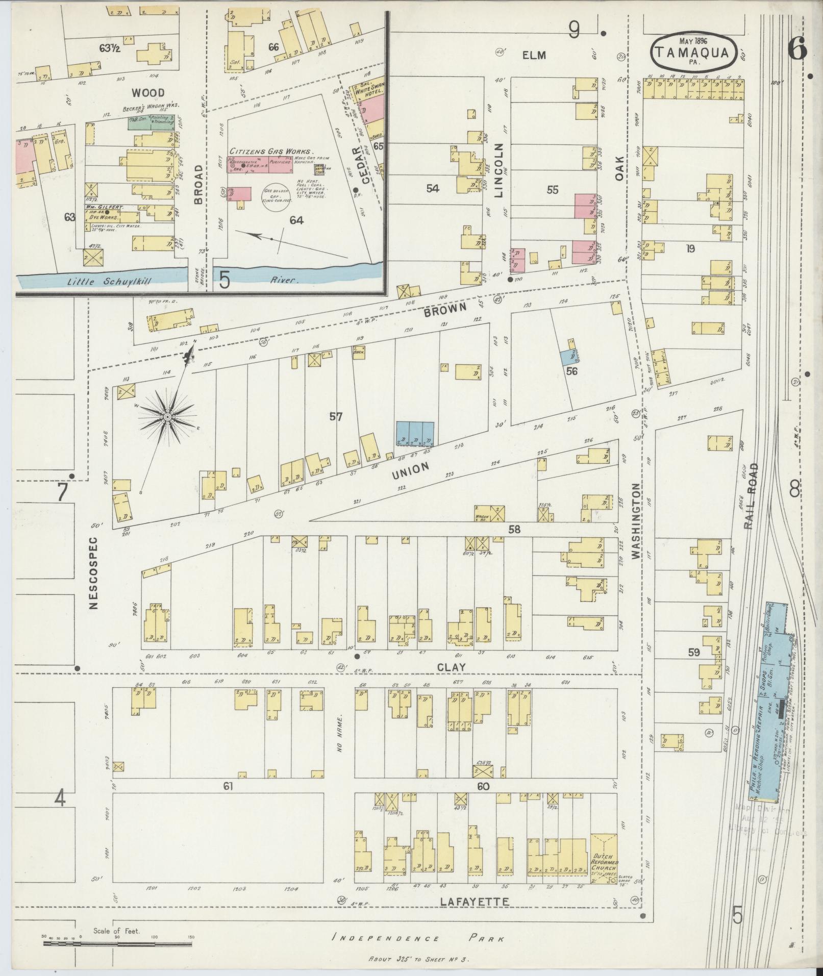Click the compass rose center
167,417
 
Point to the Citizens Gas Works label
270,152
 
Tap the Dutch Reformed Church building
604,858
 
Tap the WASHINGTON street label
635,521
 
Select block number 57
335,417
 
